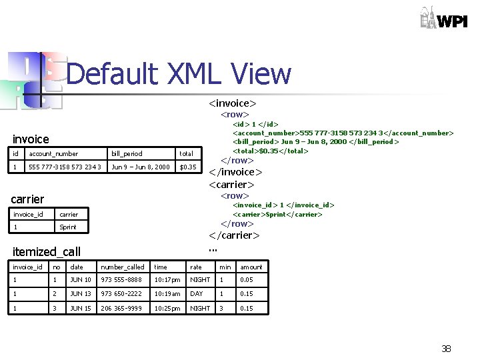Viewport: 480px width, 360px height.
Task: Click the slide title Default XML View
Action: click(x=179, y=74)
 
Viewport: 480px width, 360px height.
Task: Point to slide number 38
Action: click(x=446, y=349)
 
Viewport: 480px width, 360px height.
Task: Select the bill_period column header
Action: click(x=127, y=153)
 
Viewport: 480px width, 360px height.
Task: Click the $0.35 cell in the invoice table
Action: click(x=188, y=167)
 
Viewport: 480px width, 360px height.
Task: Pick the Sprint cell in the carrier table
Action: click(x=68, y=227)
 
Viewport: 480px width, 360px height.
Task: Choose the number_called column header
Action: click(x=122, y=267)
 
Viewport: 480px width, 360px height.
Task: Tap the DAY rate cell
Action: click(x=197, y=293)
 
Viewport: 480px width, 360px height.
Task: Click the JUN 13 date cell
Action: click(x=81, y=293)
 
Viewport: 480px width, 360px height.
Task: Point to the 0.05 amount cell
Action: click(x=247, y=280)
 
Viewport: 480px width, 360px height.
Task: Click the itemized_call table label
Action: click(x=47, y=251)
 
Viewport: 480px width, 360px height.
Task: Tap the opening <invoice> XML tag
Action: click(x=233, y=103)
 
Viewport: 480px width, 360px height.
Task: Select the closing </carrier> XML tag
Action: click(x=234, y=235)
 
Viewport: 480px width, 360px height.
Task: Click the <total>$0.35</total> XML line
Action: click(x=270, y=151)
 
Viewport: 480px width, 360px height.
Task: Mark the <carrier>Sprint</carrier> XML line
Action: click(x=277, y=214)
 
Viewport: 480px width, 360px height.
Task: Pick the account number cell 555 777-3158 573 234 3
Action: click(x=65, y=167)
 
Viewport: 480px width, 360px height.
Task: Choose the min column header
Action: click(x=225, y=267)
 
